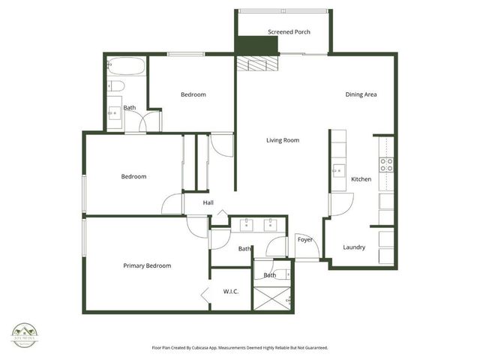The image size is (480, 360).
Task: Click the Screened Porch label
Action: click(289, 31)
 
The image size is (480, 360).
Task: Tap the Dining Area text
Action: click(360, 94)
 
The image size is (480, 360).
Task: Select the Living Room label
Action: click(283, 140)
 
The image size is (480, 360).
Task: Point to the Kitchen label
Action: click(361, 179)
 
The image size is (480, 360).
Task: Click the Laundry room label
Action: click(354, 247)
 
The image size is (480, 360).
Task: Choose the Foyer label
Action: click(304, 240)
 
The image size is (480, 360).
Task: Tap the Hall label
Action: click(208, 202)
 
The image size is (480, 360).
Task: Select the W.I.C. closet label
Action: click(230, 291)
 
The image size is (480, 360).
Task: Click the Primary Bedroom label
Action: click(147, 265)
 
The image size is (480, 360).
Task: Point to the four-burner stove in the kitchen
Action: click(386, 165)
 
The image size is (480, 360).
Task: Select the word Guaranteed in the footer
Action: click(312, 348)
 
